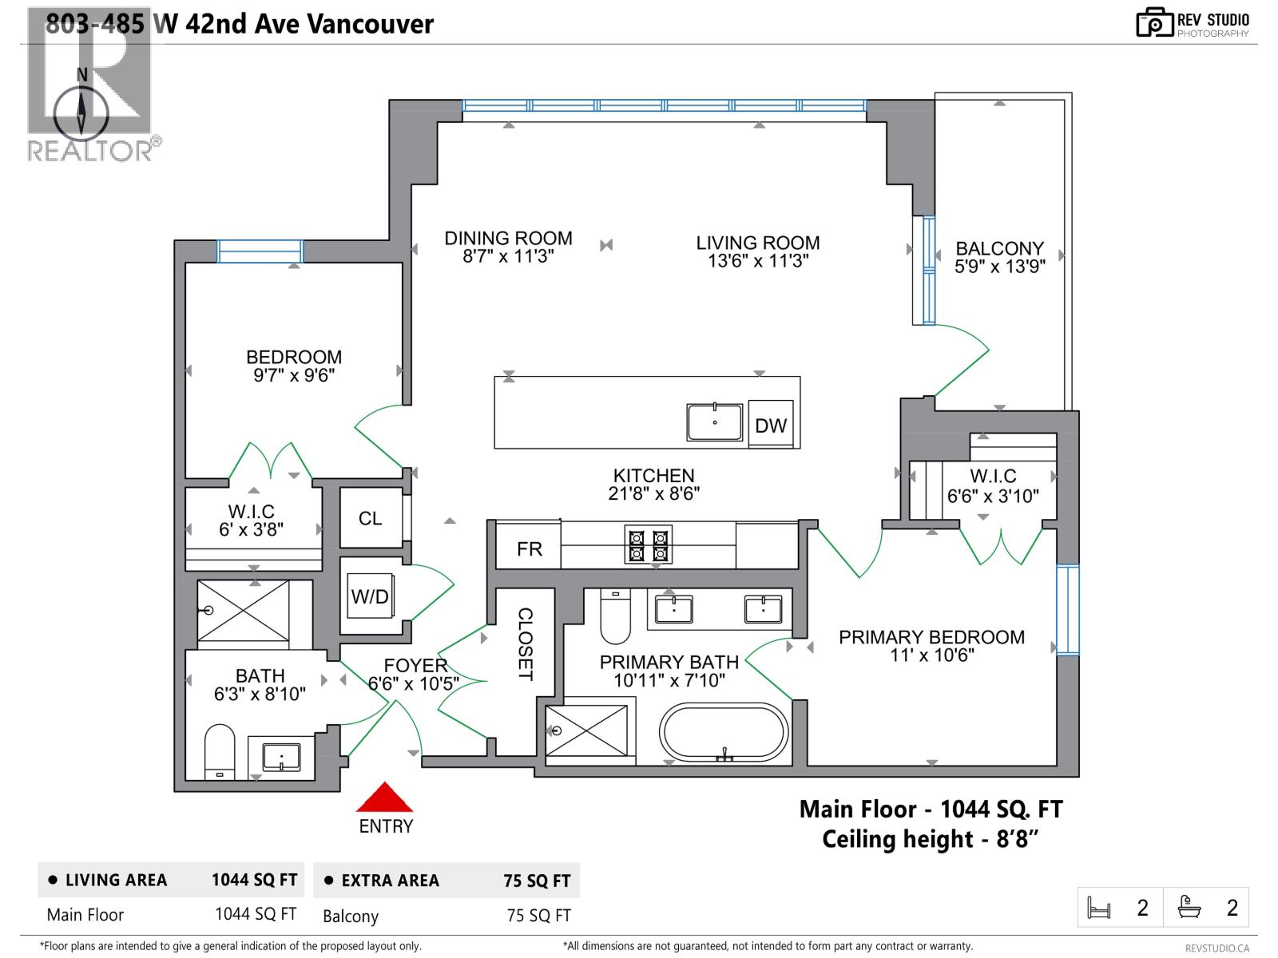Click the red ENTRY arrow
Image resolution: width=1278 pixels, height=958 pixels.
click(384, 798)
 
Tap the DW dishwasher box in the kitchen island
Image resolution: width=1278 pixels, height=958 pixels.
click(771, 424)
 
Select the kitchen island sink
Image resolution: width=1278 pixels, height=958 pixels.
click(714, 422)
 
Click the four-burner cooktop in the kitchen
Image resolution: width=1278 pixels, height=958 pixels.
click(648, 544)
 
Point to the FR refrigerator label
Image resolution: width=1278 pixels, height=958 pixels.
click(530, 548)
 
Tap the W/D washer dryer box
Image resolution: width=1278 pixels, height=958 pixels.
click(371, 596)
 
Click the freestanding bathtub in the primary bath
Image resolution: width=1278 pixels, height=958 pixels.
click(724, 732)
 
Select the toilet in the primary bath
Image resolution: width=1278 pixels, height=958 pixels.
click(615, 616)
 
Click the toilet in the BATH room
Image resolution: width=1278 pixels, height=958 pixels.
click(220, 751)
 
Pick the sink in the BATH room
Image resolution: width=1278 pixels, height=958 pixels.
click(282, 757)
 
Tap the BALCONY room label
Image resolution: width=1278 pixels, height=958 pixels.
click(1000, 248)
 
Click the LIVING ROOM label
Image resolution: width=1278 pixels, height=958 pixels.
click(757, 243)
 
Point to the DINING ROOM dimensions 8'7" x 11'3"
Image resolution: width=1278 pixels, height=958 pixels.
click(508, 256)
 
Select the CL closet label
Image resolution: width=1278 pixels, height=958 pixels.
click(371, 518)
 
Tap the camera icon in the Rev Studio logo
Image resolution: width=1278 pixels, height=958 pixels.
click(1154, 22)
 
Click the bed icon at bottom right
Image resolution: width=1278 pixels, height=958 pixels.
click(1098, 908)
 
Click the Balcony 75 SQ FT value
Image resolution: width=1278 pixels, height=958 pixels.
click(538, 916)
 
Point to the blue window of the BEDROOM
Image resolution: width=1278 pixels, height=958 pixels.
click(260, 251)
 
